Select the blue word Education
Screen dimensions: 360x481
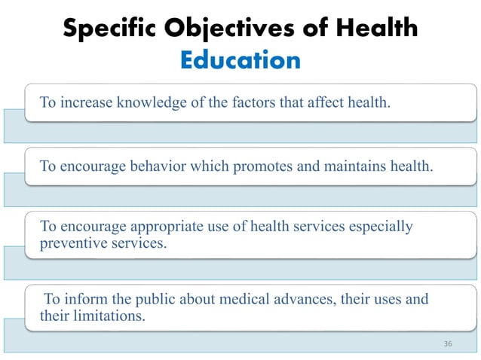point(240,60)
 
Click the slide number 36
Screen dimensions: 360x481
point(448,343)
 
